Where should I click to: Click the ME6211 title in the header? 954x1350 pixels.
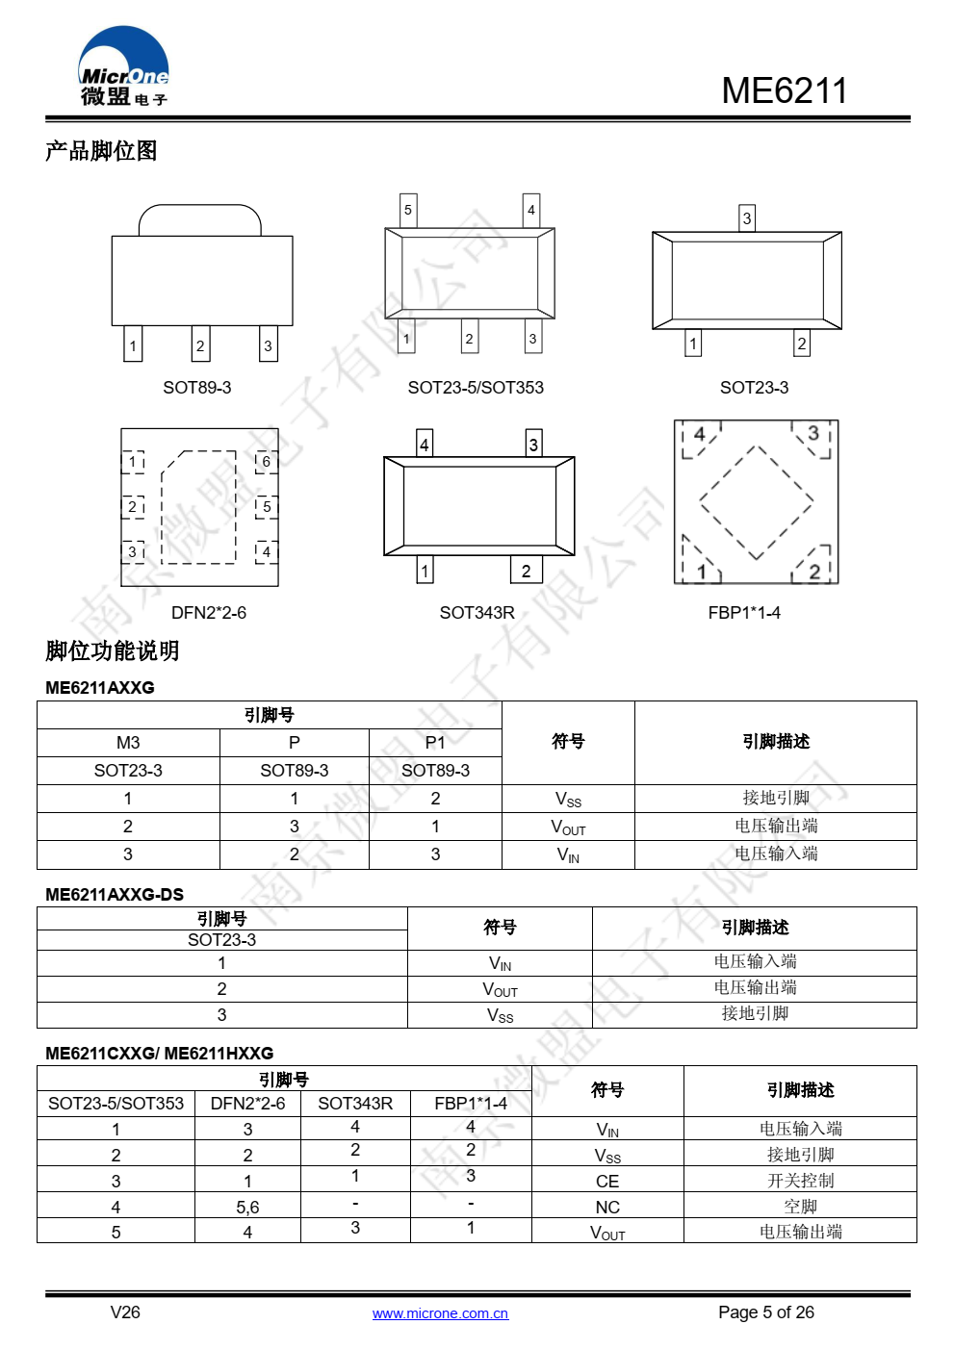pyautogui.click(x=784, y=91)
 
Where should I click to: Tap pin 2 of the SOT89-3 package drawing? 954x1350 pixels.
pyautogui.click(x=200, y=345)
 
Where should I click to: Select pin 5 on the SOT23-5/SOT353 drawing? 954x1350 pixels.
pyautogui.click(x=408, y=210)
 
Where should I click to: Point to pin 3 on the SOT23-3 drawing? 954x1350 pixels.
pyautogui.click(x=747, y=218)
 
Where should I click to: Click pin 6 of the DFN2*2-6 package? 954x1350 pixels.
pyautogui.click(x=267, y=462)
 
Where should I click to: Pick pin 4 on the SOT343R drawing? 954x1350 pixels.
pyautogui.click(x=425, y=444)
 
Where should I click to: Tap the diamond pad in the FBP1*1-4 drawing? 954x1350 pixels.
pyautogui.click(x=757, y=501)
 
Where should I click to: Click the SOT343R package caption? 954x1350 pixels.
pyautogui.click(x=477, y=613)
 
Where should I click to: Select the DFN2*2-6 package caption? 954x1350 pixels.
pyautogui.click(x=209, y=613)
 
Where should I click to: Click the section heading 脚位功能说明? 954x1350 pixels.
pyautogui.click(x=113, y=651)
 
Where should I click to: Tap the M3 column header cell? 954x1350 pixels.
pyautogui.click(x=128, y=743)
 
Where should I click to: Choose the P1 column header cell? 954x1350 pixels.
pyautogui.click(x=435, y=743)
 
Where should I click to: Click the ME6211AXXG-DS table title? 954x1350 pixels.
pyautogui.click(x=115, y=895)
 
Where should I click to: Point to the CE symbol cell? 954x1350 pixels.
pyautogui.click(x=607, y=1181)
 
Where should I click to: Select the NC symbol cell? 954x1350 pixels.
pyautogui.click(x=607, y=1207)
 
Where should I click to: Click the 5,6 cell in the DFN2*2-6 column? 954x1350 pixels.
pyautogui.click(x=247, y=1207)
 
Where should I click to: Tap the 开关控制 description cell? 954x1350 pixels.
pyautogui.click(x=800, y=1181)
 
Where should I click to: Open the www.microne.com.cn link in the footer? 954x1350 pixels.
pyautogui.click(x=440, y=1313)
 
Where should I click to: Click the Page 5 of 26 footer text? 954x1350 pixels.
pyautogui.click(x=765, y=1312)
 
